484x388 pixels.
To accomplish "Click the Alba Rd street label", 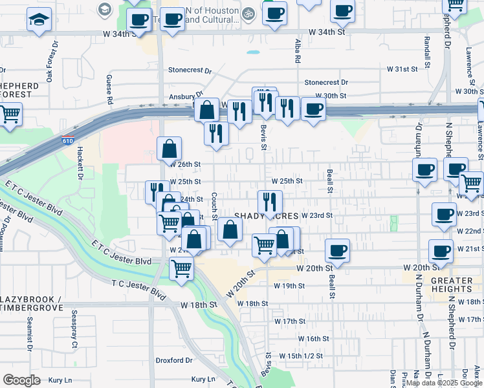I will [x=298, y=50].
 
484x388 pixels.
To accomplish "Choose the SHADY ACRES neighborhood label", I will [x=267, y=215].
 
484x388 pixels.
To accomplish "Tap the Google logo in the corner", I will [x=21, y=380].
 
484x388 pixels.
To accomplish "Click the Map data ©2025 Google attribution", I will [x=444, y=383].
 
